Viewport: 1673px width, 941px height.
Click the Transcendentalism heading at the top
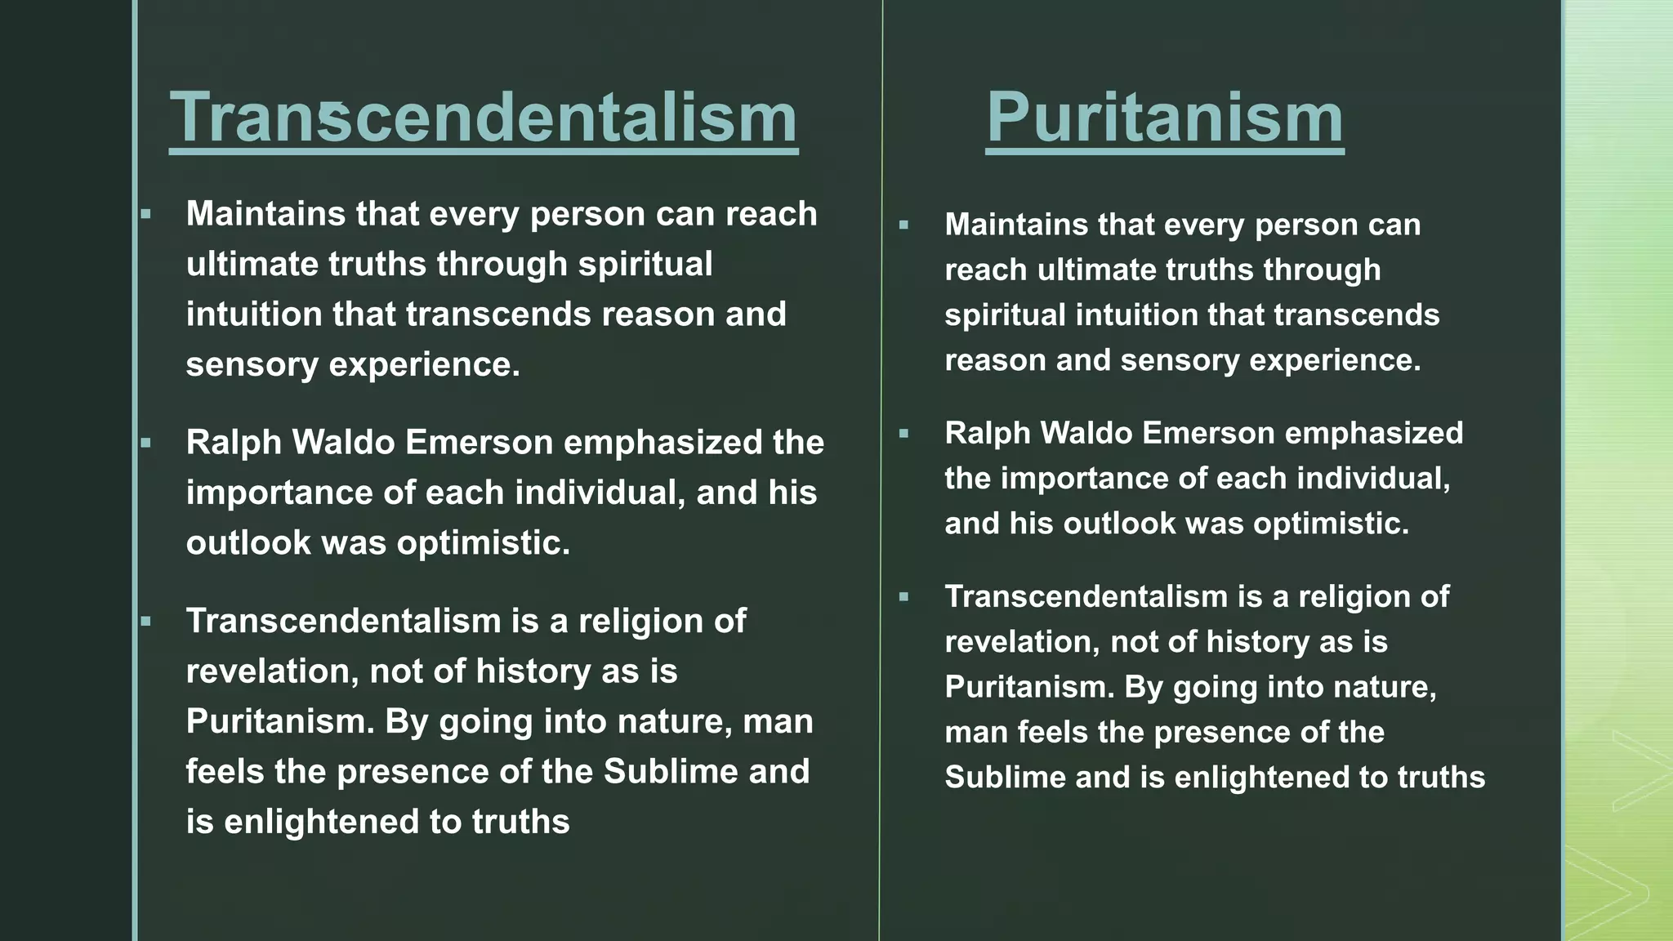[x=483, y=118]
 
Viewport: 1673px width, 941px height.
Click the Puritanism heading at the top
[x=1164, y=118]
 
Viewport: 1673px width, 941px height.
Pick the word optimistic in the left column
[x=483, y=543]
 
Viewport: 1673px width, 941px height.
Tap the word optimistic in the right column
[x=1331, y=524]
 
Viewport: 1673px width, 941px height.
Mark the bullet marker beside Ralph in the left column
[x=146, y=444]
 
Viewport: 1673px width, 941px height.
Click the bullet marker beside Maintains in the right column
[x=903, y=225]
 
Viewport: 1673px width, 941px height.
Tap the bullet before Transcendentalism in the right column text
[x=903, y=597]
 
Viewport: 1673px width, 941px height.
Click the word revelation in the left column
[x=272, y=671]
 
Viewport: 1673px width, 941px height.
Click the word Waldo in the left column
[x=343, y=443]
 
